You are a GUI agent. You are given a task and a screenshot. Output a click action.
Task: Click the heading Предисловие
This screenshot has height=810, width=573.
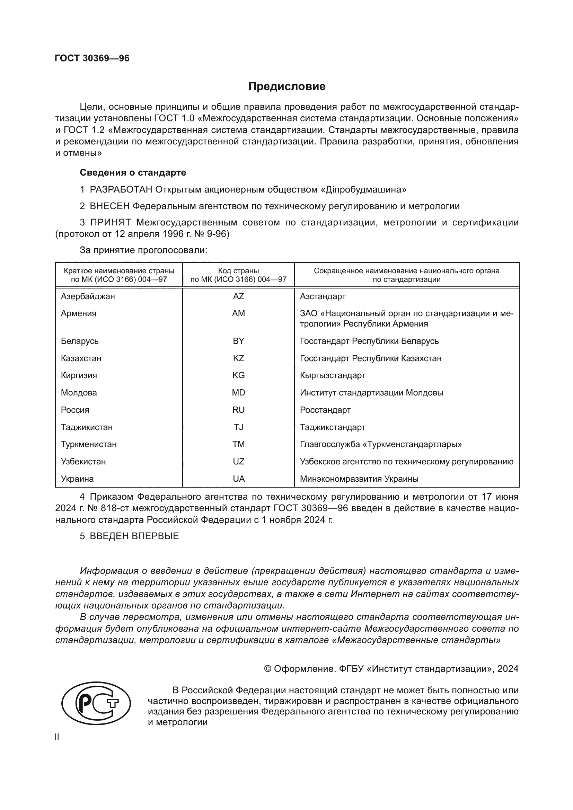286,87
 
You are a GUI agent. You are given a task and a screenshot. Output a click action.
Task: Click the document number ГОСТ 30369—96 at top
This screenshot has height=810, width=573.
92,58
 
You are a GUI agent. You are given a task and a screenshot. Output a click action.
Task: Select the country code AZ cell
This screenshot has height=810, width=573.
238,296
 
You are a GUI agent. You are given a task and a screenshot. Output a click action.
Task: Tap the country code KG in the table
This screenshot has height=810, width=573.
238,375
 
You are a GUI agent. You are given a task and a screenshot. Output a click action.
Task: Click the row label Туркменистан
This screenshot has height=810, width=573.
89,444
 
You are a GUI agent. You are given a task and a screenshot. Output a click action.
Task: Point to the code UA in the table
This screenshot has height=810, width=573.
238,479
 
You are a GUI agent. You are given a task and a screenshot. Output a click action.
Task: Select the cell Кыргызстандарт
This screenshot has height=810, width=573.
332,375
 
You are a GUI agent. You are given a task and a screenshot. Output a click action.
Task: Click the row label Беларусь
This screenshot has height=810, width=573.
79,341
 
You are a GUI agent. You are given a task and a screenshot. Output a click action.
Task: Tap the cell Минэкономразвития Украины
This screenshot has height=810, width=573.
359,479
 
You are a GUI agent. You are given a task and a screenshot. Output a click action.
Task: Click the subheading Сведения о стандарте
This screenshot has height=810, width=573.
133,172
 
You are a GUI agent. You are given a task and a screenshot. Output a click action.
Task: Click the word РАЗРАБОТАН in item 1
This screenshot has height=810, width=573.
121,189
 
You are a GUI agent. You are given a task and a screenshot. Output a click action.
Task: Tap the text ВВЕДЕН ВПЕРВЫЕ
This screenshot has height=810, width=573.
134,536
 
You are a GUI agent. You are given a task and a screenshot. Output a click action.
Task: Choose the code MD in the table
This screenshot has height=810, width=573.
238,393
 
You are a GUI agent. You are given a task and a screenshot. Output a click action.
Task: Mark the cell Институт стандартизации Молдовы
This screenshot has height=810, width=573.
371,393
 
